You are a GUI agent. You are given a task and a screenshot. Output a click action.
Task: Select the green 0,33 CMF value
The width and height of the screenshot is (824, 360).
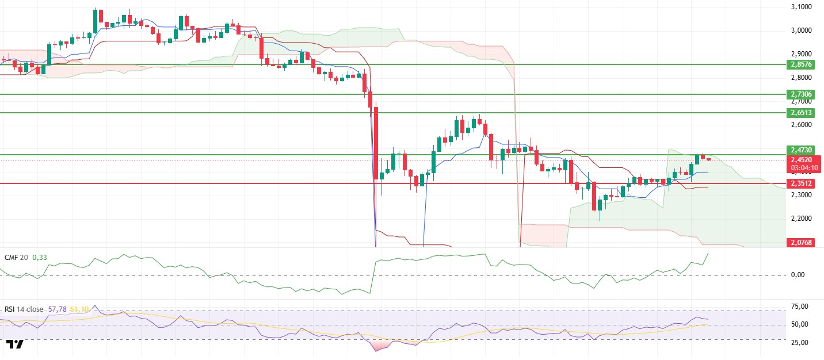coord(39,257)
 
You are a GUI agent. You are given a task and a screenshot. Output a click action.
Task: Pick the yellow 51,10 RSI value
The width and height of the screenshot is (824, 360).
coord(79,309)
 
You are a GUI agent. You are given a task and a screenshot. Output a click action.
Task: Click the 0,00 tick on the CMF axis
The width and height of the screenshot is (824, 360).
coord(807,275)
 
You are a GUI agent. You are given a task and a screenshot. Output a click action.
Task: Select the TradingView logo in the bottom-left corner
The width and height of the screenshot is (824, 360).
coord(16,344)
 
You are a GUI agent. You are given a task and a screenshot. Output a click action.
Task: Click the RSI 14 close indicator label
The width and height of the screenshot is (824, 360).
coord(24,309)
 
